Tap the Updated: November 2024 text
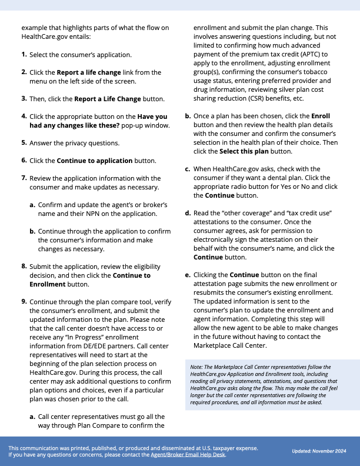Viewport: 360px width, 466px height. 318,451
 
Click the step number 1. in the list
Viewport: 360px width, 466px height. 24,55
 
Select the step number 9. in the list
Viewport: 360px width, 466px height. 24,302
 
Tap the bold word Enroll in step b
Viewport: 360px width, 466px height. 321,116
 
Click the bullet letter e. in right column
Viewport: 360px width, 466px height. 188,275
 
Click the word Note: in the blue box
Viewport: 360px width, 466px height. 197,367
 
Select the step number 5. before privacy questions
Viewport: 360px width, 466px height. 24,143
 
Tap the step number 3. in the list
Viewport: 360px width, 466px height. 24,99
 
